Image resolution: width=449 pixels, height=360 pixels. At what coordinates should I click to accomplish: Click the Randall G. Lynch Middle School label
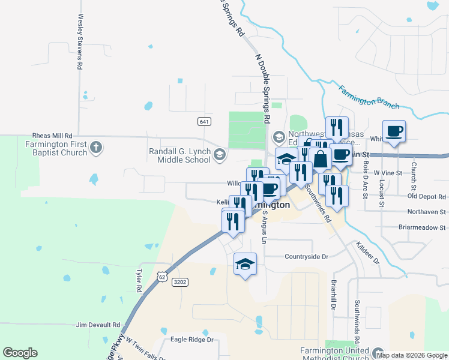[x=179, y=155]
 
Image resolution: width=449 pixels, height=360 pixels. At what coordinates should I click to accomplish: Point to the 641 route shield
[x=204, y=122]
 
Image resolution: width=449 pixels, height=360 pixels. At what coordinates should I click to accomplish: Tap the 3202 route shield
[x=179, y=282]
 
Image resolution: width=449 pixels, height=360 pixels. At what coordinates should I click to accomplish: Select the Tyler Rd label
[x=138, y=280]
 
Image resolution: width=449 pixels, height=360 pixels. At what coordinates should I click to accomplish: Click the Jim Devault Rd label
[x=98, y=325]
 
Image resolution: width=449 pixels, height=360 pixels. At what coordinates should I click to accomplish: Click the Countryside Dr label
[x=307, y=257]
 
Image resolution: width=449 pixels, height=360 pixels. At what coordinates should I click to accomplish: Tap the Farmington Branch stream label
[x=369, y=97]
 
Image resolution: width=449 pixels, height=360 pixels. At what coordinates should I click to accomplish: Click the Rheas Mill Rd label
[x=52, y=136]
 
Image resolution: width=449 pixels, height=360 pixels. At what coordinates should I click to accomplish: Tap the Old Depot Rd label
[x=427, y=196]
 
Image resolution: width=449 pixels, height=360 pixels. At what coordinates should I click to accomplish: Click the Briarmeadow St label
[x=423, y=227]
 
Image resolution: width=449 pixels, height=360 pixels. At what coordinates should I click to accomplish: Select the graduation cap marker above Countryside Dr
[x=245, y=264]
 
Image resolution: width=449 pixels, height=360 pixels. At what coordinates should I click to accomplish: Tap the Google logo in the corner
[x=20, y=353]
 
